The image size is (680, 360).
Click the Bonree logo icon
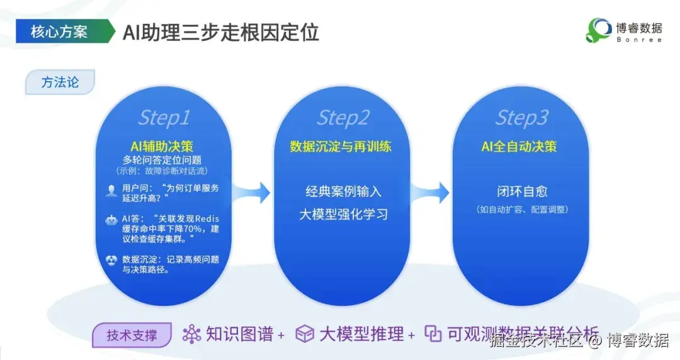pyautogui.click(x=599, y=30)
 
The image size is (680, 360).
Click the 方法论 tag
pyautogui.click(x=60, y=82)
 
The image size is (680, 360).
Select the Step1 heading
pyautogui.click(x=164, y=118)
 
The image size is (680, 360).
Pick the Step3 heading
pyautogui.click(x=521, y=118)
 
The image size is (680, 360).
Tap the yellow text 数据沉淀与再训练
pyautogui.click(x=341, y=147)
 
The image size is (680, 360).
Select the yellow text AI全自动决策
pyautogui.click(x=519, y=147)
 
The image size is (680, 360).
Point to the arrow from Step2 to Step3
pyautogui.click(x=431, y=193)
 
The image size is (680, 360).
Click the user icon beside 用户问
pyautogui.click(x=111, y=189)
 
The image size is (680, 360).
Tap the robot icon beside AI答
pyautogui.click(x=111, y=220)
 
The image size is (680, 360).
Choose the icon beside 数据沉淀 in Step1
pyautogui.click(x=111, y=260)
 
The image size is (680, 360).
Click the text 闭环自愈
pyautogui.click(x=519, y=191)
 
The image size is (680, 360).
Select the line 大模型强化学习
pyautogui.click(x=343, y=214)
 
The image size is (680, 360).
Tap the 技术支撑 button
pyautogui.click(x=132, y=335)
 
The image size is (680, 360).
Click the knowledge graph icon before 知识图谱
pyautogui.click(x=191, y=334)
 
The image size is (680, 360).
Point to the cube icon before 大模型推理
pyautogui.click(x=305, y=334)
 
